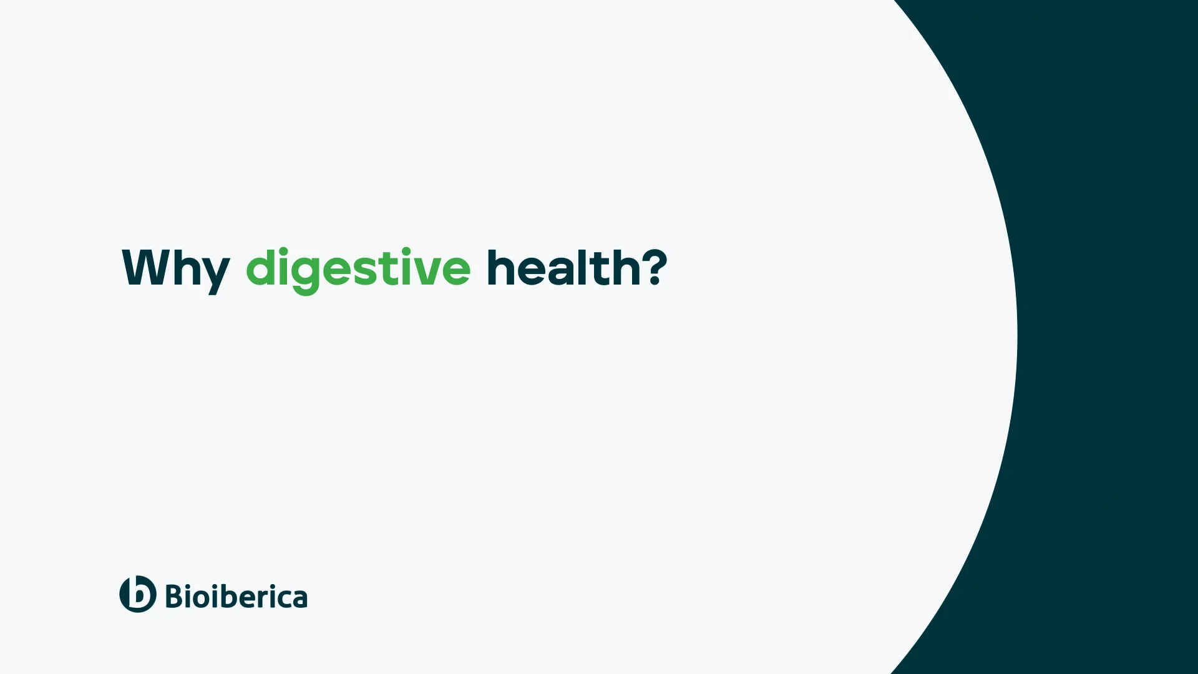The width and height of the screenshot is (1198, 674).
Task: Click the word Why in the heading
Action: (x=175, y=269)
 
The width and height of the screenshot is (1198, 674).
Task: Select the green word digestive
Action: (x=358, y=269)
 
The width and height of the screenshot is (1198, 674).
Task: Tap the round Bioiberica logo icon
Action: (x=138, y=594)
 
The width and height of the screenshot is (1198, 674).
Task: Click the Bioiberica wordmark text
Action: (x=236, y=597)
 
